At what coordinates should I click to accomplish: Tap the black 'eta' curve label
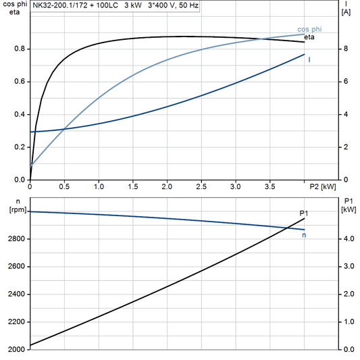[x=310, y=38]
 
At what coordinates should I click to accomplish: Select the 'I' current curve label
[x=309, y=60]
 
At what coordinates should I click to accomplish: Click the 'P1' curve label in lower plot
[x=304, y=213]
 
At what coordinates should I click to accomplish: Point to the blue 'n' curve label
[x=304, y=235]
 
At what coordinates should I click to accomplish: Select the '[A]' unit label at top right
[x=346, y=12]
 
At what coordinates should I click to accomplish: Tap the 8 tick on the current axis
[x=345, y=49]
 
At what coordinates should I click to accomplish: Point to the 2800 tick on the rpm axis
[x=17, y=239]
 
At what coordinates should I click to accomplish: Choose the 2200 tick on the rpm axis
[x=17, y=322]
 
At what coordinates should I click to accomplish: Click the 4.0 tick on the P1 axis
[x=347, y=239]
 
